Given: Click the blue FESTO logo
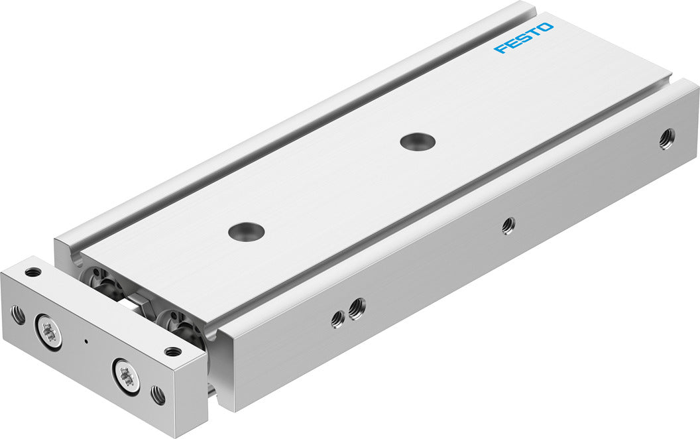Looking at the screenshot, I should pos(524,38).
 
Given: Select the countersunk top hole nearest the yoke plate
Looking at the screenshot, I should pos(246,231).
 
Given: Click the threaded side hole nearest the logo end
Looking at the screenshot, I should pos(667,138).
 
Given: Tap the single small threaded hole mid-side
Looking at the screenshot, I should pos(508,225).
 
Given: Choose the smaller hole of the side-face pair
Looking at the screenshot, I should pos(337,319).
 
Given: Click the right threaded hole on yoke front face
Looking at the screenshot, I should pos(158,396).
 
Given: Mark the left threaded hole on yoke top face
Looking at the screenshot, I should pos(32,272).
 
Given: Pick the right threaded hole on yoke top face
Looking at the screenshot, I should pos(173,351).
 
